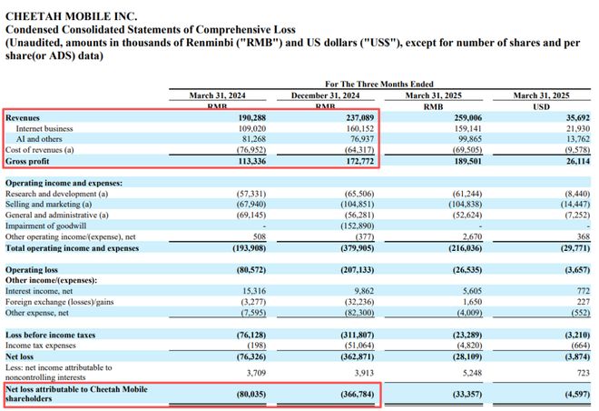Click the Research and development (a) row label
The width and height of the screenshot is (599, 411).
[56, 195]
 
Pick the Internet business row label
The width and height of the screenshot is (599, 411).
[46, 128]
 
